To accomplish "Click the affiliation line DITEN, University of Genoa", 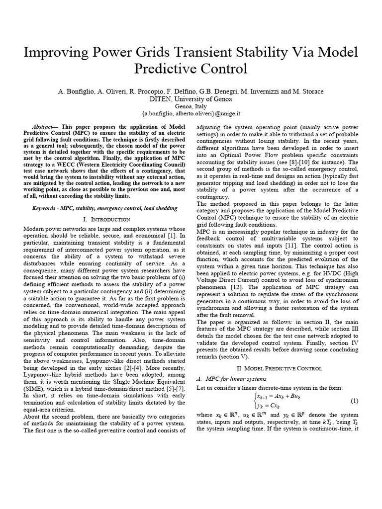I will point(191,98).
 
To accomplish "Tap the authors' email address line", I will point(191,114).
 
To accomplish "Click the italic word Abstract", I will point(45,128).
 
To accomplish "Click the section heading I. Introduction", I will point(105,219).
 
